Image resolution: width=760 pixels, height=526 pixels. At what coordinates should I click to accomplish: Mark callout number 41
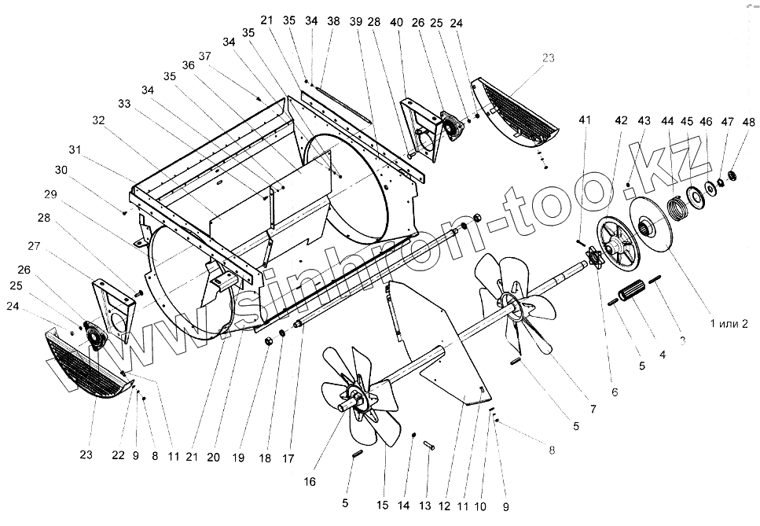(582, 120)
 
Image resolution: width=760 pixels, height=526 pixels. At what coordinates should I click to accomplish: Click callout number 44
(668, 122)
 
